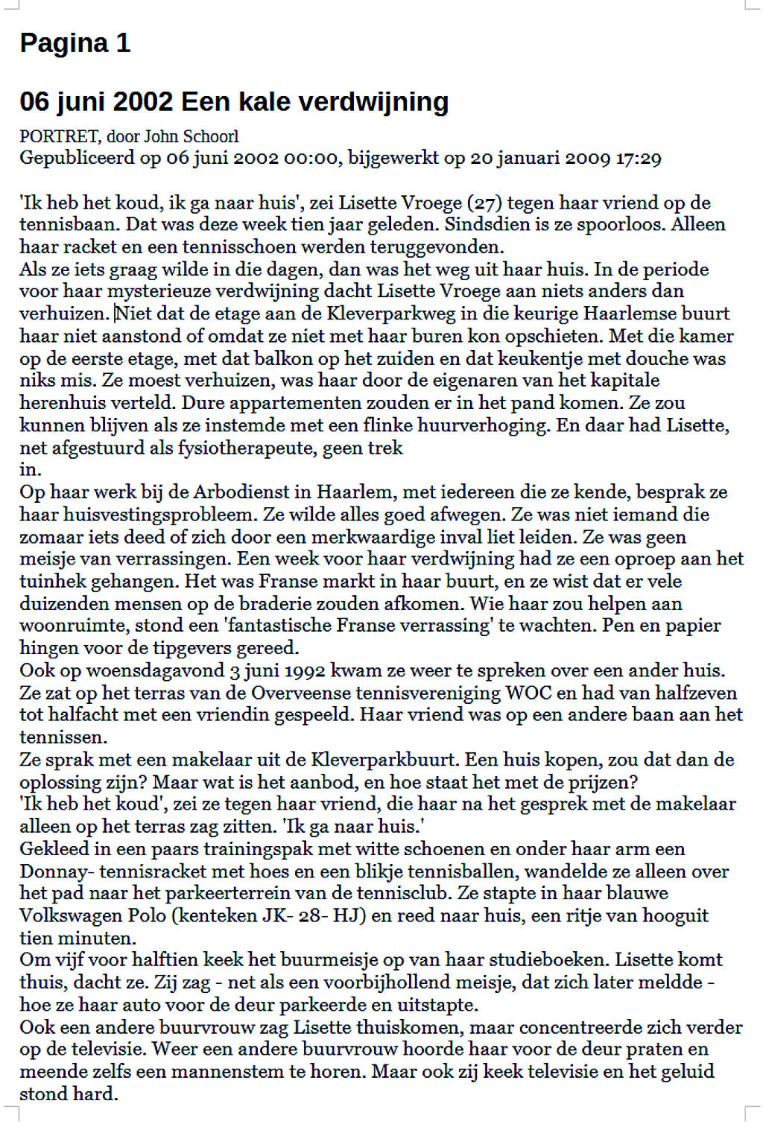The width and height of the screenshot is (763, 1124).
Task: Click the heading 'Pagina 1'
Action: (x=75, y=43)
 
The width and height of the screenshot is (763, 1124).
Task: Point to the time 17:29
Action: (x=639, y=158)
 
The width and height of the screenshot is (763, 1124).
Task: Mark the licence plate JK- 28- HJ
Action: (x=314, y=915)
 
